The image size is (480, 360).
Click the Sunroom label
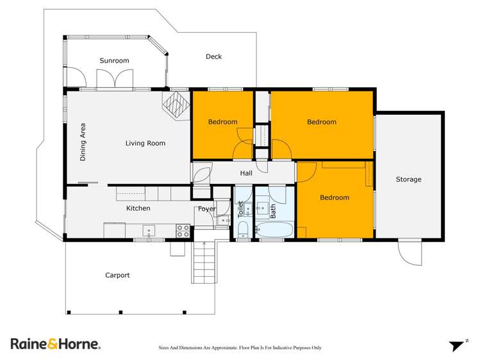point(114,61)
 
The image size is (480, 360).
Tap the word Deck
point(213,56)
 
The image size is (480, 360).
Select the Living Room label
point(145,143)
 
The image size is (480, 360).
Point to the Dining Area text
point(83,142)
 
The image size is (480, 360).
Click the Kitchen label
point(138,208)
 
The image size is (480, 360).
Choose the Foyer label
point(206,208)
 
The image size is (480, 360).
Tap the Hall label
point(246,173)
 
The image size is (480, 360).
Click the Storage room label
point(408,179)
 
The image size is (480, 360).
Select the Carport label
point(117,275)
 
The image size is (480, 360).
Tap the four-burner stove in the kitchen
point(183,230)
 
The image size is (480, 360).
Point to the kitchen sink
point(149,230)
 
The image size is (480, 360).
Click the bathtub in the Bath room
point(274,229)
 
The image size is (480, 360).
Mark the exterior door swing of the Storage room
point(409,252)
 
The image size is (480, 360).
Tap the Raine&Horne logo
point(55,344)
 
